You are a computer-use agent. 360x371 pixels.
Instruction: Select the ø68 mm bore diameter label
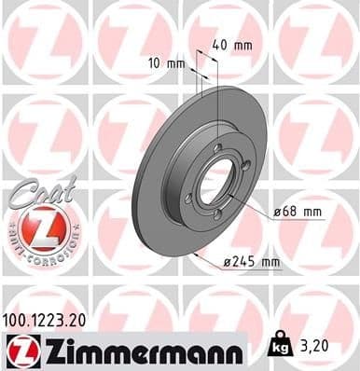[x=298, y=213]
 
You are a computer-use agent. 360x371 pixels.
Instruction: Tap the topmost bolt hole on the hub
[x=217, y=148]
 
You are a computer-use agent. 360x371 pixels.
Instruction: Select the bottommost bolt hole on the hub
[x=218, y=214]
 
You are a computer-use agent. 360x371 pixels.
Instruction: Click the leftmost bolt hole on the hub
[x=192, y=197]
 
